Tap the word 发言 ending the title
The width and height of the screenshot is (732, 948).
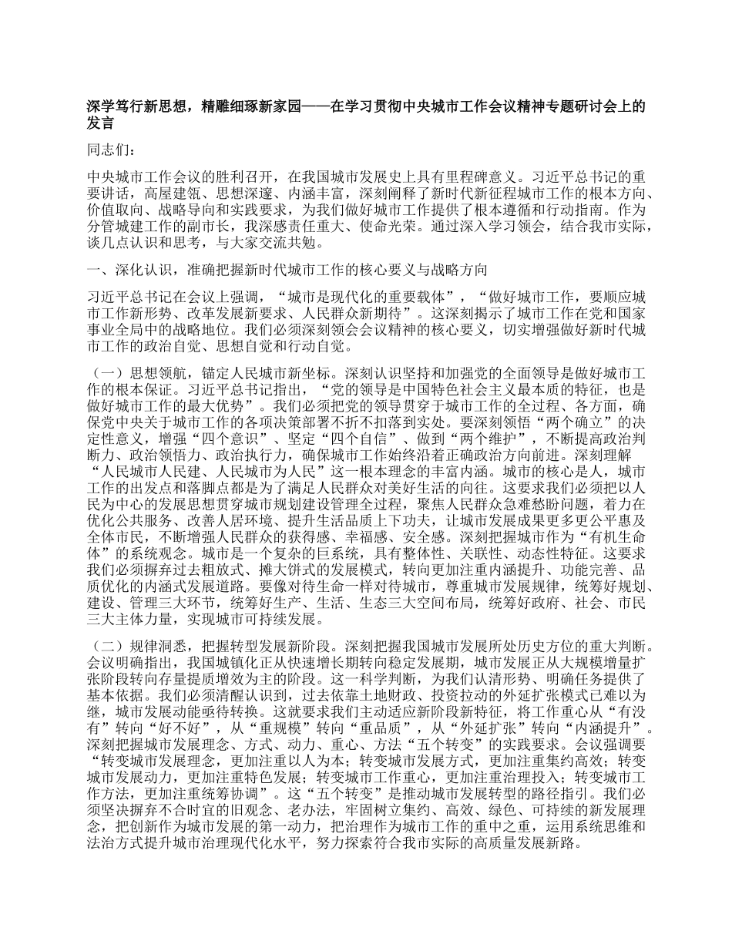[x=99, y=122]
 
